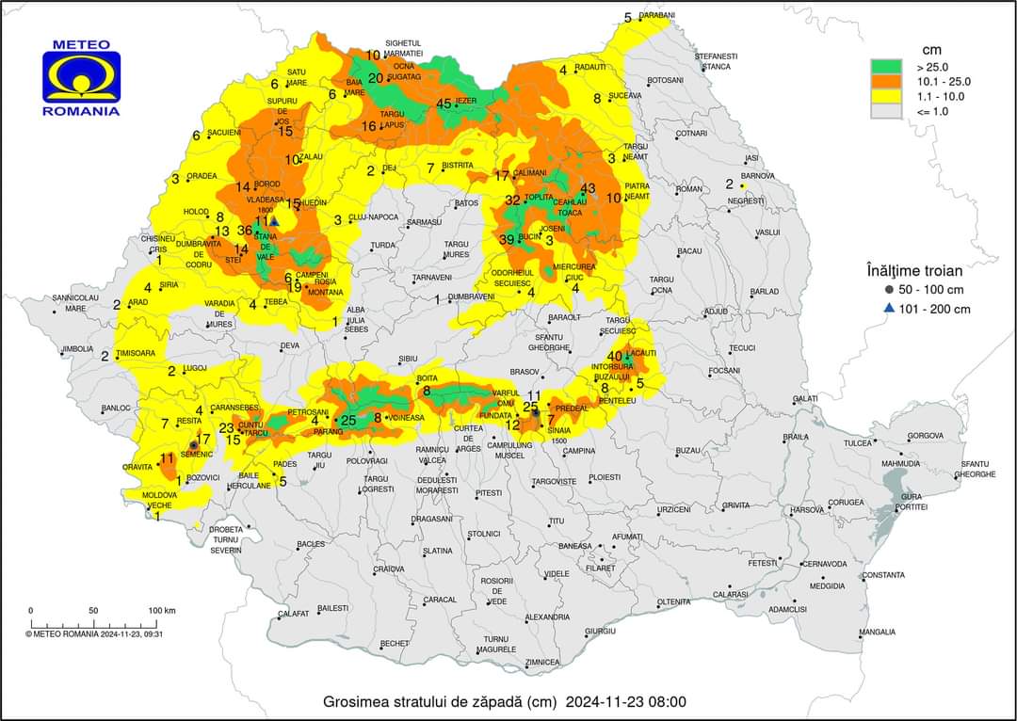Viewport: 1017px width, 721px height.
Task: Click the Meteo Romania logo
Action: tap(81, 78)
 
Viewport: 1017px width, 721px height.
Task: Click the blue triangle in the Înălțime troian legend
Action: tap(889, 309)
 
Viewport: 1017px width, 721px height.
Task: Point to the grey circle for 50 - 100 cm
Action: tap(889, 290)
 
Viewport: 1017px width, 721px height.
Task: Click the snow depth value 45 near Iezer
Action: tap(444, 104)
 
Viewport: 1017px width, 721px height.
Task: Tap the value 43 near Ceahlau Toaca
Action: tap(589, 189)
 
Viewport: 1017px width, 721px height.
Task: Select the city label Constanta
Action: tap(883, 575)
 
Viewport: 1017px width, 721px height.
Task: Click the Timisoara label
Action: tap(135, 353)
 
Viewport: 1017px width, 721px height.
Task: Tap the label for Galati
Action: tap(805, 399)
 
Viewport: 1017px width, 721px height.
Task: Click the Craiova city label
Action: tap(388, 569)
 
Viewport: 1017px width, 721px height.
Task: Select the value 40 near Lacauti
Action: tap(615, 356)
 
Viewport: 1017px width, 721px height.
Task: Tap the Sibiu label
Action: tap(408, 359)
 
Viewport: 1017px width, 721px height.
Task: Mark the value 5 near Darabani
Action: tap(628, 18)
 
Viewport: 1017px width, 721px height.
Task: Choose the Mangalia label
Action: tap(877, 632)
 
